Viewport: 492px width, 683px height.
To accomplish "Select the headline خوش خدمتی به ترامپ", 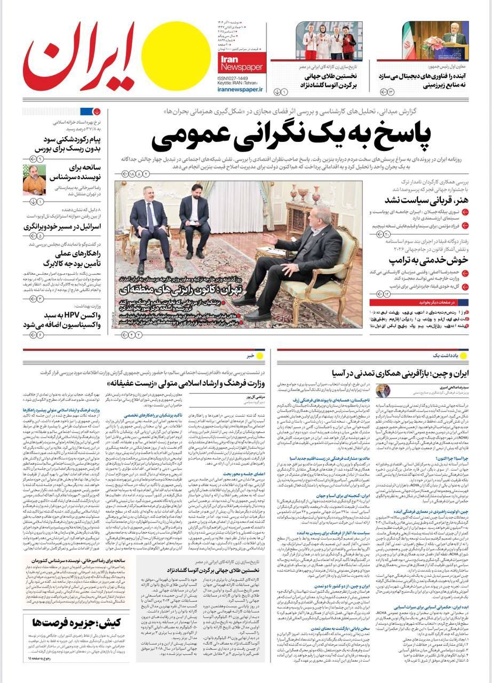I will [428, 260].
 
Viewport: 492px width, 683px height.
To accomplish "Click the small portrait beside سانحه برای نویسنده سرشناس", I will [34, 179].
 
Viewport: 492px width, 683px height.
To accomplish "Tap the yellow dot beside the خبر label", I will [260, 355].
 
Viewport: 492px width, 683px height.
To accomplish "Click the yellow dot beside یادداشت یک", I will [463, 355].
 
